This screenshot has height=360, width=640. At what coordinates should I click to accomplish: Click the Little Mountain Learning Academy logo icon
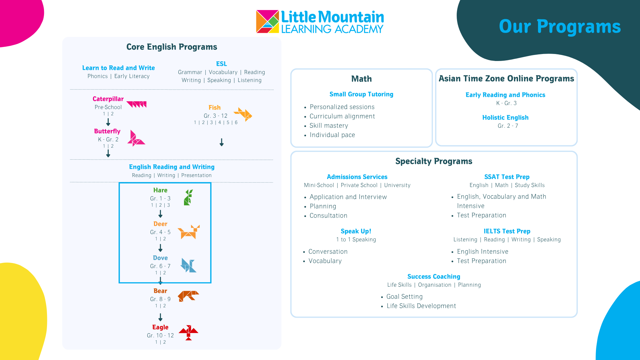pyautogui.click(x=267, y=21)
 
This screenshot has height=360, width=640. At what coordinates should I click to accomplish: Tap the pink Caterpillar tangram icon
pyautogui.click(x=137, y=104)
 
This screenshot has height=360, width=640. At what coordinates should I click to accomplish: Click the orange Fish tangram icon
pyautogui.click(x=243, y=114)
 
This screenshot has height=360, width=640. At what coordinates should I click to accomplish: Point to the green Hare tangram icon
pyautogui.click(x=188, y=197)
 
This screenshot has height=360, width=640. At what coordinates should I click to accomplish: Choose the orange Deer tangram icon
pyautogui.click(x=189, y=232)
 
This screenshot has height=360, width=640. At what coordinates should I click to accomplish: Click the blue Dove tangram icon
pyautogui.click(x=188, y=265)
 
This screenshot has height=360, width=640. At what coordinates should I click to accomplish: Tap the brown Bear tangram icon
pyautogui.click(x=188, y=296)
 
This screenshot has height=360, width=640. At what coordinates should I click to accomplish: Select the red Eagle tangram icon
pyautogui.click(x=188, y=333)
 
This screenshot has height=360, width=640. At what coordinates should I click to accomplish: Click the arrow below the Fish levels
pyautogui.click(x=222, y=142)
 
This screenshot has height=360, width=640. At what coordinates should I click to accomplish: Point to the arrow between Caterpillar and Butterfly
pyautogui.click(x=108, y=122)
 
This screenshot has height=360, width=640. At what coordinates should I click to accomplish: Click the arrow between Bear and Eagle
pyautogui.click(x=160, y=317)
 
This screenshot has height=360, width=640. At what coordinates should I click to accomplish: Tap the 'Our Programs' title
pyautogui.click(x=560, y=26)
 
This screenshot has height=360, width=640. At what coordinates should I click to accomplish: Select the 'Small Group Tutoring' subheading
pyautogui.click(x=361, y=94)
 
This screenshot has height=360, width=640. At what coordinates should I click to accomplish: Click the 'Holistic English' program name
pyautogui.click(x=505, y=118)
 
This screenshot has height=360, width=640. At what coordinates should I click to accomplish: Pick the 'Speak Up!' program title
pyautogui.click(x=356, y=231)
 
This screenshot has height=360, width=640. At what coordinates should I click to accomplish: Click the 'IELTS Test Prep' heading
pyautogui.click(x=507, y=231)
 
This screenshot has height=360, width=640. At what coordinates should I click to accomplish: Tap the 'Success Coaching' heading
pyautogui.click(x=434, y=277)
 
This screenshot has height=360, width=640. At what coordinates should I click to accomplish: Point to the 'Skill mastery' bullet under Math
pyautogui.click(x=329, y=126)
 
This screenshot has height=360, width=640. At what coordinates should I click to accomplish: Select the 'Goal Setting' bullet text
pyautogui.click(x=405, y=297)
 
